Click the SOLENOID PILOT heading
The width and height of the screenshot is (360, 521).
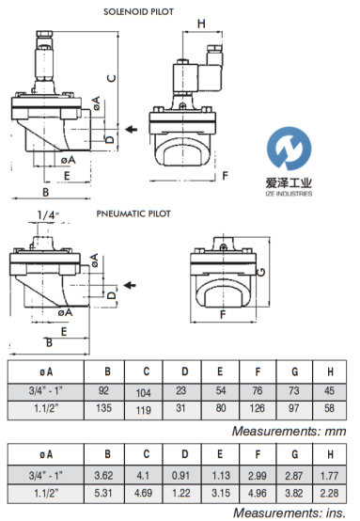pos(138,12)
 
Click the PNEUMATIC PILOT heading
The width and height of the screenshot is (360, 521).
pos(133,213)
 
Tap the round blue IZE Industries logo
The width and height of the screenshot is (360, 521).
pos(289,149)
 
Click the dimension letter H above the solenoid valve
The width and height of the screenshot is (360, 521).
pos(201,24)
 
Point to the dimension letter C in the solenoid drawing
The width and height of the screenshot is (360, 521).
pos(112,78)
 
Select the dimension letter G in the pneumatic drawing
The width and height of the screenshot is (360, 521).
pos(261,272)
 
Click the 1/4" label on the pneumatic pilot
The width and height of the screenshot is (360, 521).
pos(48,215)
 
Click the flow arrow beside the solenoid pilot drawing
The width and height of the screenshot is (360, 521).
pos(132,129)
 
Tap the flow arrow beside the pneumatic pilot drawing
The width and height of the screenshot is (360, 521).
pos(130,285)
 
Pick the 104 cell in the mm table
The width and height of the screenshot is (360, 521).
pos(144,393)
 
